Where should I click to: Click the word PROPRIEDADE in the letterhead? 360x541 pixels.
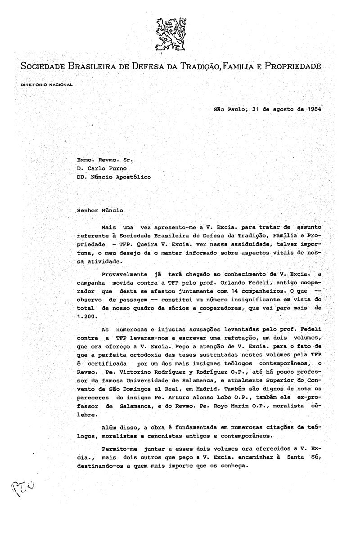pyautogui.click(x=293, y=67)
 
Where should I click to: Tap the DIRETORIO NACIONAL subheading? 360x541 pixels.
pyautogui.click(x=46, y=85)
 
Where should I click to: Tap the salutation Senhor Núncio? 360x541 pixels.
pyautogui.click(x=99, y=210)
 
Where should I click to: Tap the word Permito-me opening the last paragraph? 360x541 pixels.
pyautogui.click(x=118, y=449)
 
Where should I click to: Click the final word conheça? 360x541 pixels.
pyautogui.click(x=234, y=466)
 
